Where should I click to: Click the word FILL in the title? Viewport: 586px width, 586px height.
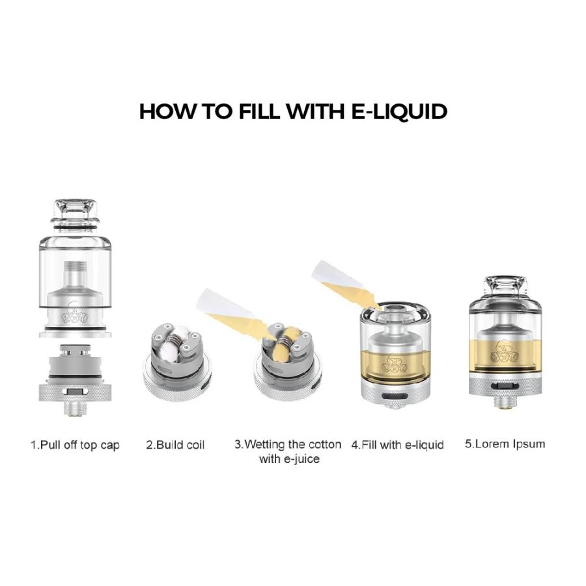pyautogui.click(x=258, y=111)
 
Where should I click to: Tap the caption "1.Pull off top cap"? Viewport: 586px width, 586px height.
pyautogui.click(x=76, y=445)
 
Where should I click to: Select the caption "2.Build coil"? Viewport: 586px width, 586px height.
pyautogui.click(x=175, y=445)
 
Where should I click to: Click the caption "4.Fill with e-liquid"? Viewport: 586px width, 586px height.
pyautogui.click(x=397, y=445)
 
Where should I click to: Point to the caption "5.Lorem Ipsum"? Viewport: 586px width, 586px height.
pyautogui.click(x=505, y=444)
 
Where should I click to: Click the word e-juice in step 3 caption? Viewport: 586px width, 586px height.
pyautogui.click(x=289, y=460)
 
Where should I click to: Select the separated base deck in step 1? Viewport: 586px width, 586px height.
pyautogui.click(x=76, y=374)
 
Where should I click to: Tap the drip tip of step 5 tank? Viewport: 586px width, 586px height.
pyautogui.click(x=506, y=290)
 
